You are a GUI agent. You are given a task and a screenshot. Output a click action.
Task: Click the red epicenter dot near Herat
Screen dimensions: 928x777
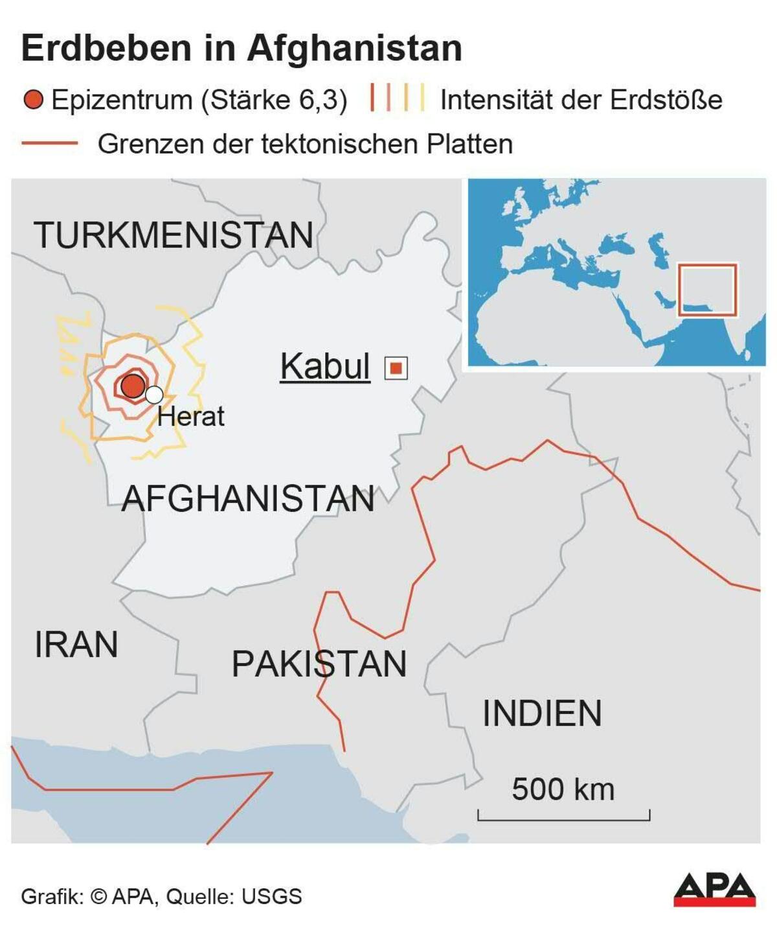tap(133, 386)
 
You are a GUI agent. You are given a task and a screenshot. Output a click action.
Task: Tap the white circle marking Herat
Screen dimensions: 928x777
tap(154, 395)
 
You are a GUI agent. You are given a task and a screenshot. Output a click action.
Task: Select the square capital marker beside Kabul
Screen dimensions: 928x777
tap(396, 368)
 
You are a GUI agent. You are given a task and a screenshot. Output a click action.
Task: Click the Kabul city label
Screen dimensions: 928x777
tap(325, 367)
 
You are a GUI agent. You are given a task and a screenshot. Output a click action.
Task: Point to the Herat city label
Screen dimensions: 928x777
tap(191, 417)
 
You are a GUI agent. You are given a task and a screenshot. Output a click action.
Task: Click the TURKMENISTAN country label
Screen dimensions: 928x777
tap(174, 235)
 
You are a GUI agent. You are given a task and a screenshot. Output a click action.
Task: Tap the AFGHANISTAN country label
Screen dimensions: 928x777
tap(248, 499)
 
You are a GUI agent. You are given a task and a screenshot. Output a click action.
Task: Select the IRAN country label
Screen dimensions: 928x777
tap(76, 645)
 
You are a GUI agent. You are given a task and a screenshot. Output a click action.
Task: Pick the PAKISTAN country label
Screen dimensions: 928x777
tap(319, 664)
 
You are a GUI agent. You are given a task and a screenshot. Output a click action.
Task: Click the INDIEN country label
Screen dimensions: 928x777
tap(542, 713)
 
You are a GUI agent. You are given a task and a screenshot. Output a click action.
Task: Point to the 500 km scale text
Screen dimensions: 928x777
tap(563, 789)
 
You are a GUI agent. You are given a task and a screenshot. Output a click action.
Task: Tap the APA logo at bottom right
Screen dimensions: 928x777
tap(714, 890)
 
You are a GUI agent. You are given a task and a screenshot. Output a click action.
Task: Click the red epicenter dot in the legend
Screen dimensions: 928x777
tap(33, 100)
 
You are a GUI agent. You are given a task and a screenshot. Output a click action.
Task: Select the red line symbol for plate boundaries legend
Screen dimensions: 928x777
tap(50, 144)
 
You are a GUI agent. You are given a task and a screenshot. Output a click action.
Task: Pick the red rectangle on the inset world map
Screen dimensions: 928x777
tap(707, 290)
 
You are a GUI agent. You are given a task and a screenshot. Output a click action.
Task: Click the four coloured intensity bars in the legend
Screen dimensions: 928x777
tap(398, 99)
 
